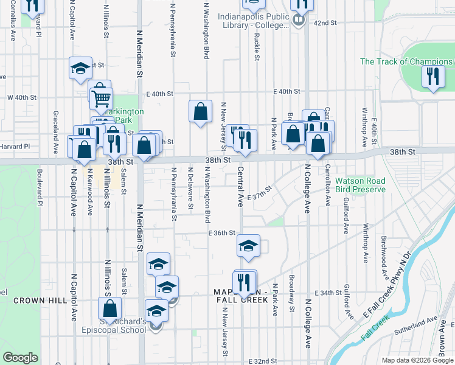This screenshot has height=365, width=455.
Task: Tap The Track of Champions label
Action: click(x=406, y=61)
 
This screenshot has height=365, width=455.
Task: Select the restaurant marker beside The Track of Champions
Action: click(x=432, y=77)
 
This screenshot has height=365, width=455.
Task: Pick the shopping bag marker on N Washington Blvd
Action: click(x=200, y=111)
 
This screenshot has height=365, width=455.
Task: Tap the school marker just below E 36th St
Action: click(x=248, y=246)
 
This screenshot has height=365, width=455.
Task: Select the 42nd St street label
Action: click(x=325, y=23)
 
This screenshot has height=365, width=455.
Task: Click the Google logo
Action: click(x=20, y=357)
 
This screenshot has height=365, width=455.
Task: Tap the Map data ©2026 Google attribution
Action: click(x=417, y=360)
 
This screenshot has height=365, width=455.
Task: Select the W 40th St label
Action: click(x=22, y=97)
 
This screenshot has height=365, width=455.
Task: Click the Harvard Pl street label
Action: click(x=15, y=147)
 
